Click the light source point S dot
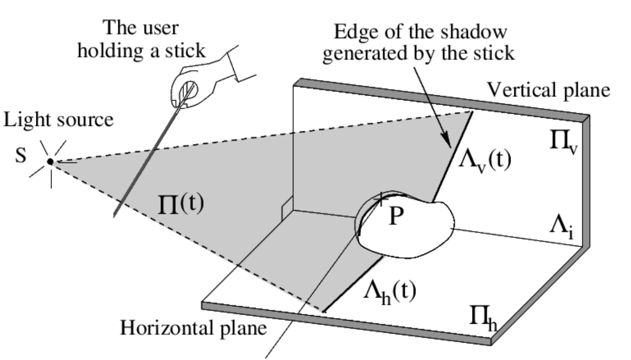coord(50,161)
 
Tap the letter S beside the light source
coord(20,155)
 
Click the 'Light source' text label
coord(58,120)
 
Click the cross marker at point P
coord(380,199)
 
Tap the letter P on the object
coord(396,216)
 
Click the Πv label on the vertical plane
coord(563,142)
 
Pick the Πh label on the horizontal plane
coord(483,317)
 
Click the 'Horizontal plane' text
coord(193,328)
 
